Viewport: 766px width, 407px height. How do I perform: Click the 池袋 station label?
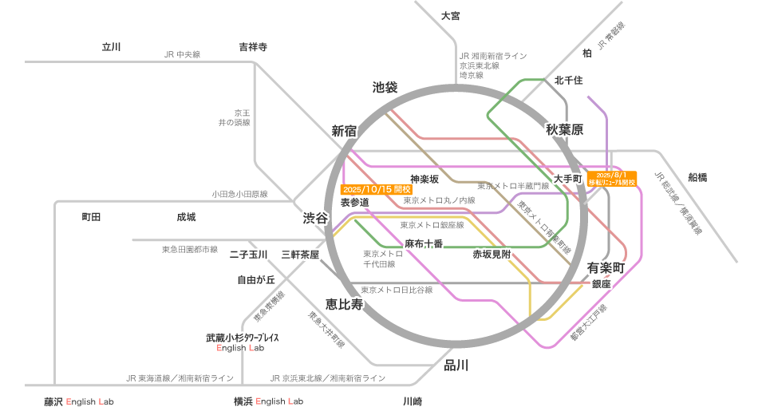tap(385, 87)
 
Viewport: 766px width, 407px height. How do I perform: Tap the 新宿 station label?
tap(344, 131)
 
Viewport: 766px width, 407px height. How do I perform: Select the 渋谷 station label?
tap(314, 218)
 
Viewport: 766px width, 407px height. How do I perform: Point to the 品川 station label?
tap(456, 366)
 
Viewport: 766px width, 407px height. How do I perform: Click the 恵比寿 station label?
tap(344, 304)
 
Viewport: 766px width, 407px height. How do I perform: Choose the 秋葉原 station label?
tap(565, 129)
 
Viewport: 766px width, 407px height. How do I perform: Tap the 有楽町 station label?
tap(606, 267)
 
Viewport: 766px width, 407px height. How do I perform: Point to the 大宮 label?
tap(450, 16)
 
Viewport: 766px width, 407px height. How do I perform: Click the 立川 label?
tap(111, 47)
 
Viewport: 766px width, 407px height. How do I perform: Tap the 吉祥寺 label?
tap(253, 47)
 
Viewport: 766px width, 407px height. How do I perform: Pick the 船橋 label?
tap(697, 177)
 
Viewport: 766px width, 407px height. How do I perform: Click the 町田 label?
tap(91, 217)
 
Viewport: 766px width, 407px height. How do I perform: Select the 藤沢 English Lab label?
tap(78, 401)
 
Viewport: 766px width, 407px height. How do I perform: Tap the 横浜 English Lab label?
tap(268, 401)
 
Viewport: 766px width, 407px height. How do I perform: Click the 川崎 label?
tap(413, 401)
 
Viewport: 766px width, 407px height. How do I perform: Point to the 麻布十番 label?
tap(424, 243)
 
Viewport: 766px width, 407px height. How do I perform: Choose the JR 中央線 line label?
tap(182, 54)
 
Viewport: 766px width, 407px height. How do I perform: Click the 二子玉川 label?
tap(247, 255)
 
